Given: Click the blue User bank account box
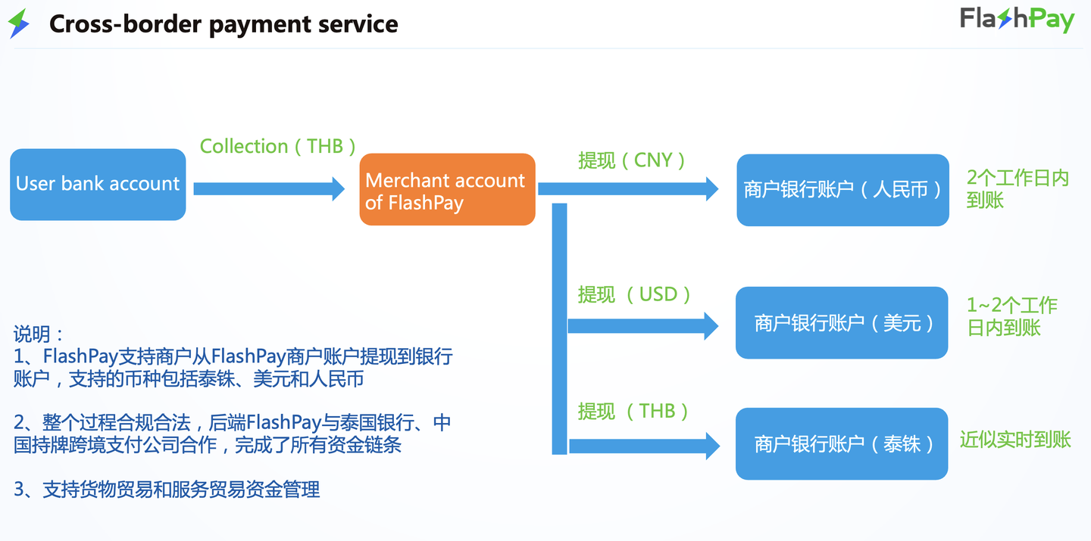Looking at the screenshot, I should pos(98,185).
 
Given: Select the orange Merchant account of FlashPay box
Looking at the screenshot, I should pos(447,189).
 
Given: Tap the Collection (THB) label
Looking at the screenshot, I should pos(277,146).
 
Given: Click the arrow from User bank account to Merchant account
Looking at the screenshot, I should pos(269,188).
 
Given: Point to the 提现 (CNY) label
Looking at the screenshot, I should pos(632,160).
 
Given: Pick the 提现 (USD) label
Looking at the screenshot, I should pos(634,294).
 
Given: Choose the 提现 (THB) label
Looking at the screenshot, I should pos(633,411).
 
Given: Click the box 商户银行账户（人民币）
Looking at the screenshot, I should pos(842,190).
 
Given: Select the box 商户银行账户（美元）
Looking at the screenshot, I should pos(842,323).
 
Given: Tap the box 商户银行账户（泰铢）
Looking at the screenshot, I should pos(842,443).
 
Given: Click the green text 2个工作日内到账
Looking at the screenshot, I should pos(1017,189).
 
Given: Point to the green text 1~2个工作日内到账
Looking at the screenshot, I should pos(1011,316).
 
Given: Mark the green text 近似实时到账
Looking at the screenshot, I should pos(1015,440).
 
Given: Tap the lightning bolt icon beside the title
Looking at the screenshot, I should pos(18,23).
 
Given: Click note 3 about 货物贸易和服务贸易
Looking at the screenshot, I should pos(167,490).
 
